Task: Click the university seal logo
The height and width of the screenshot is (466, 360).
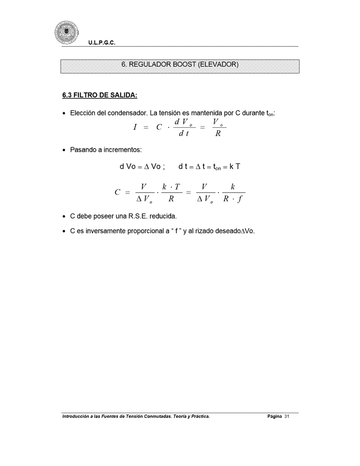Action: coord(66,32)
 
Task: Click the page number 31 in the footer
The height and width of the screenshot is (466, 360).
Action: coord(286,417)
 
